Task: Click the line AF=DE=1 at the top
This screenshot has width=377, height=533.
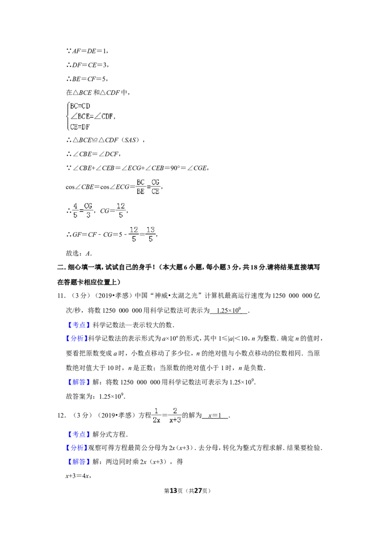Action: [88, 51]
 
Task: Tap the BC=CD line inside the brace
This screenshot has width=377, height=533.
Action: [80, 106]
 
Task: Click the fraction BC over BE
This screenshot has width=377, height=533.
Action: [140, 186]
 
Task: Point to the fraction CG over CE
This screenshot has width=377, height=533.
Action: [156, 186]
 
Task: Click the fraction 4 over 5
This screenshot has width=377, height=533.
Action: [75, 210]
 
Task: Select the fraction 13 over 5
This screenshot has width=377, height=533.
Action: [150, 234]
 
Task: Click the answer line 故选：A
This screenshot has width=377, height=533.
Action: [79, 253]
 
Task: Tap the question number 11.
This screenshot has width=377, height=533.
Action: [61, 296]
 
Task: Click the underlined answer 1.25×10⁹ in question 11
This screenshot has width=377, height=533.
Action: [229, 310]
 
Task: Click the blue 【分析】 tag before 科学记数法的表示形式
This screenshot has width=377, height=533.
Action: [76, 339]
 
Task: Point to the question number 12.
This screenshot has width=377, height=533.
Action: [61, 415]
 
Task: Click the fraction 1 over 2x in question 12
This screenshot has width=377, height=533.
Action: [156, 415]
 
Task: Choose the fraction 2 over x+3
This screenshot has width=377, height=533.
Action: [175, 415]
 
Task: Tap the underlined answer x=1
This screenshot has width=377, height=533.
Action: [215, 415]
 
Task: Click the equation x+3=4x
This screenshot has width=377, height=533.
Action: [78, 476]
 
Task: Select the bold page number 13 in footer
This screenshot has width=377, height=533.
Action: [173, 491]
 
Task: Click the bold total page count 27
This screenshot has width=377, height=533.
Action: [198, 491]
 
